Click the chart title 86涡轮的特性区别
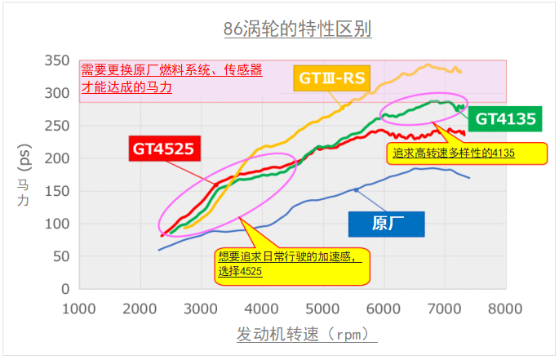tap(297, 30)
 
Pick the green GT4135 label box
tap(505, 119)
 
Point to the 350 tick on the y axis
tap(56, 60)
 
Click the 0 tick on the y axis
tap(64, 289)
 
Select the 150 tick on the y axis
tap(56, 191)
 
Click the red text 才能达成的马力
tap(126, 87)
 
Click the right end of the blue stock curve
tap(469, 178)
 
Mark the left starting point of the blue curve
tap(158, 250)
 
